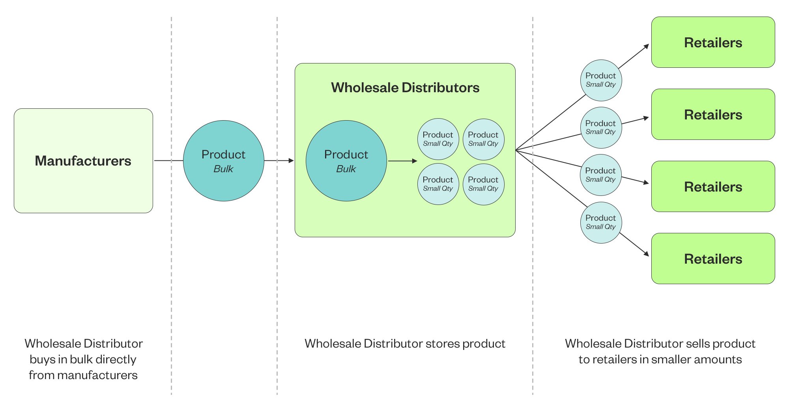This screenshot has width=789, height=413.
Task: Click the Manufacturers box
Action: click(x=83, y=161)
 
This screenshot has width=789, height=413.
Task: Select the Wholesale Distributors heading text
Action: click(x=405, y=87)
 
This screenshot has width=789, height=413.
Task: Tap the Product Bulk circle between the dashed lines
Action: click(x=224, y=161)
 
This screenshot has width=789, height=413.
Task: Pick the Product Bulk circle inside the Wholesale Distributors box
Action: click(x=346, y=161)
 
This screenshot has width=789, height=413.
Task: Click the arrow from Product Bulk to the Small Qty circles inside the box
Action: click(x=403, y=161)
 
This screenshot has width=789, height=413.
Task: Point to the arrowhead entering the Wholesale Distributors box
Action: click(x=291, y=161)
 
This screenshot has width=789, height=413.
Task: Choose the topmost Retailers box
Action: click(x=713, y=42)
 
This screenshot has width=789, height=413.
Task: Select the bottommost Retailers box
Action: click(x=713, y=259)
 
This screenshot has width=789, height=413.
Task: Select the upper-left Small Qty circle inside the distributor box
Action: click(x=438, y=139)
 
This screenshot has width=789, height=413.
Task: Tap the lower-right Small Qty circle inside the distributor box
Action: click(x=484, y=184)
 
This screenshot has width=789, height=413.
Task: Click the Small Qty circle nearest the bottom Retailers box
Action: click(x=601, y=223)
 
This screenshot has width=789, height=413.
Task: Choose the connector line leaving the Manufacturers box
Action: click(x=168, y=161)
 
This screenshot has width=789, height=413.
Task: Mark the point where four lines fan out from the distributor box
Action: click(x=516, y=150)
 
